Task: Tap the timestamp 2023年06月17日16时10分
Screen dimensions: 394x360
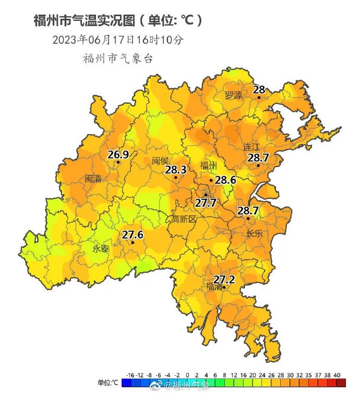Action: (118, 40)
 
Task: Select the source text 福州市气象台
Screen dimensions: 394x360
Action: (118, 58)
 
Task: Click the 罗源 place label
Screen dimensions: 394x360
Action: (234, 95)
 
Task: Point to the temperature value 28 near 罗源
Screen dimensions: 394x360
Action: (259, 90)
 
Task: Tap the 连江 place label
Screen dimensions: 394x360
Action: (251, 147)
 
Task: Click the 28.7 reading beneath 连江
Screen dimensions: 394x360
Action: (258, 157)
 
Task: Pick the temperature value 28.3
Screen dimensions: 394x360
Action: (175, 170)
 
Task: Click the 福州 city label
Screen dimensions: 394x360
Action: (208, 166)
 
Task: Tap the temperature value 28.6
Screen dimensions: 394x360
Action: (225, 180)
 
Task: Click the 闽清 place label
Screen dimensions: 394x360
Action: (93, 179)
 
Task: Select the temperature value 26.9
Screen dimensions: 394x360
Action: (118, 154)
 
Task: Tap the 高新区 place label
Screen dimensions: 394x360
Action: (184, 220)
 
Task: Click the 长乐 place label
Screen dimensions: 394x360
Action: (255, 234)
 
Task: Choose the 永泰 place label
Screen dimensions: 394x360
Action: (101, 249)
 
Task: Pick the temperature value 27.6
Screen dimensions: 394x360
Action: (133, 235)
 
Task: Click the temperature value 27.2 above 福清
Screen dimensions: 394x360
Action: (224, 280)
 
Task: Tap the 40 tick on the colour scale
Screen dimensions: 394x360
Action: (337, 375)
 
